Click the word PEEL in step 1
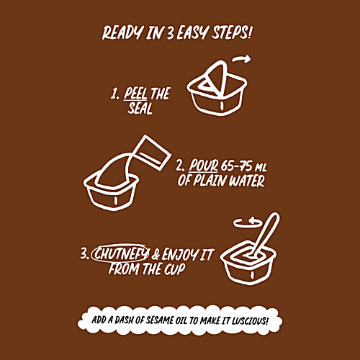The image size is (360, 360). point(135,94)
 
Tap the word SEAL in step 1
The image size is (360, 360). point(140,108)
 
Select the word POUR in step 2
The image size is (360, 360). point(204,166)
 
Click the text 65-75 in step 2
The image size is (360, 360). point(237,166)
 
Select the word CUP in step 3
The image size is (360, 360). point(174,269)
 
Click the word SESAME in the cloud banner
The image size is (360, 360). point(160,320)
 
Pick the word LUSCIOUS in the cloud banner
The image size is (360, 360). point(250,320)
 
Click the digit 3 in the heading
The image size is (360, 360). point(170,33)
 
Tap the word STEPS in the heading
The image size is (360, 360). point(232,32)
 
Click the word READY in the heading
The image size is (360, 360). point(122,32)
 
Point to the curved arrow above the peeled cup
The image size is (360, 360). point(242,59)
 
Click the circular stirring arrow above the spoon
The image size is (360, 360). point(248,222)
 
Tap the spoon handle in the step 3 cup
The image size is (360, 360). point(266,232)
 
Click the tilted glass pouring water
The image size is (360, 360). point(152,153)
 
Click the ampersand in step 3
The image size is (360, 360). point(156,255)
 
